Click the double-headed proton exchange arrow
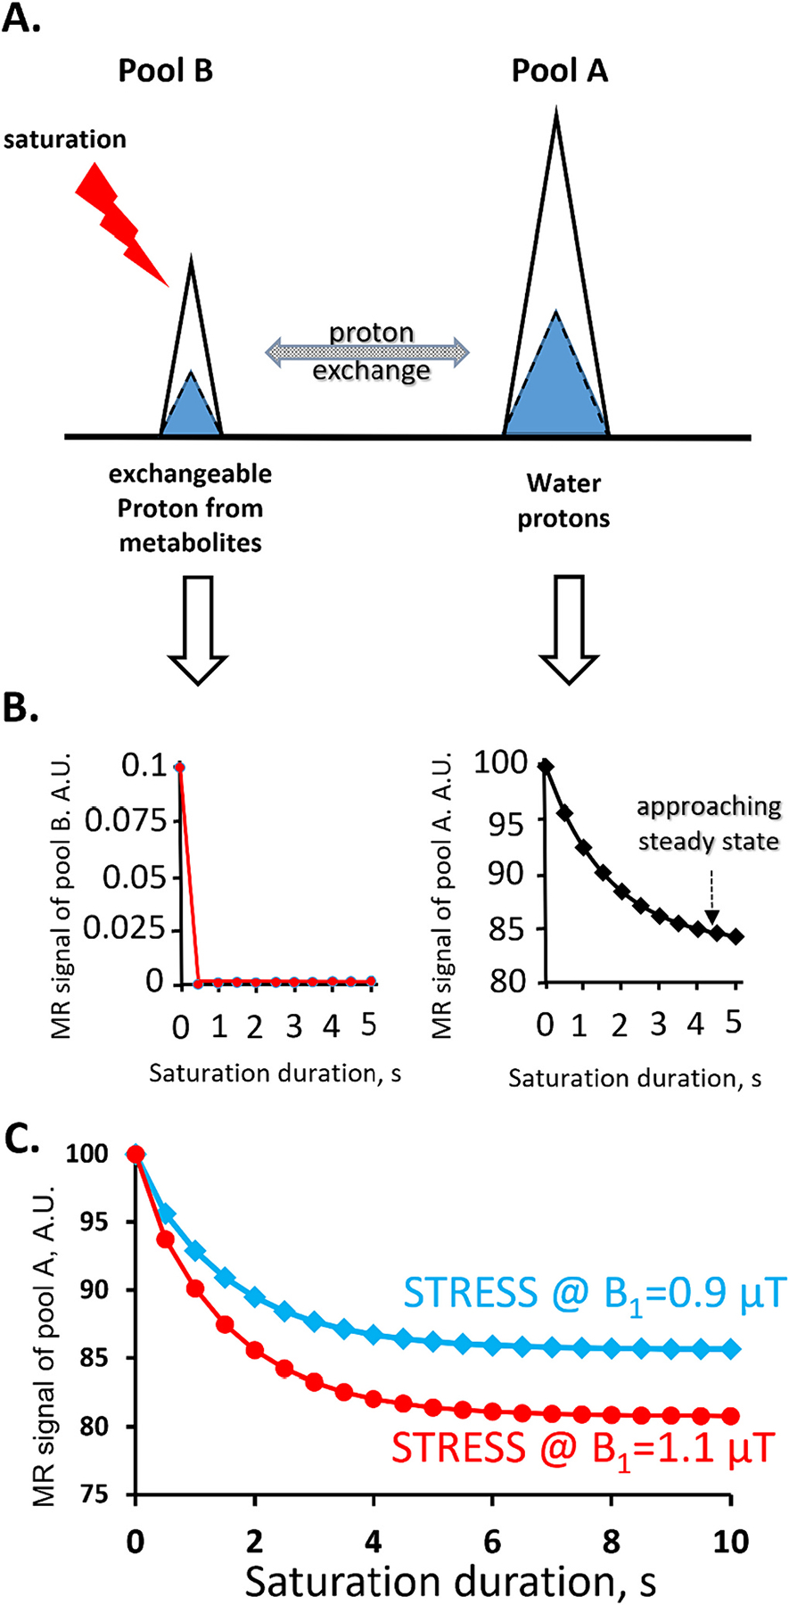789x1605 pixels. pyautogui.click(x=369, y=351)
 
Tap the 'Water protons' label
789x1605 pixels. pyautogui.click(x=563, y=501)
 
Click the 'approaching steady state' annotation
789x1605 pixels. pyautogui.click(x=709, y=823)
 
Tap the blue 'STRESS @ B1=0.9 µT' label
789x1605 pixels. pyautogui.click(x=595, y=1291)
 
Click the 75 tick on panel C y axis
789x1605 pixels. pyautogui.click(x=104, y=1494)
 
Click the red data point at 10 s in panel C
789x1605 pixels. pyautogui.click(x=730, y=1415)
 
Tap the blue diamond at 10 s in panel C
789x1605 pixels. pyautogui.click(x=730, y=1349)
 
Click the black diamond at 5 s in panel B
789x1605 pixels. pyautogui.click(x=736, y=936)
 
